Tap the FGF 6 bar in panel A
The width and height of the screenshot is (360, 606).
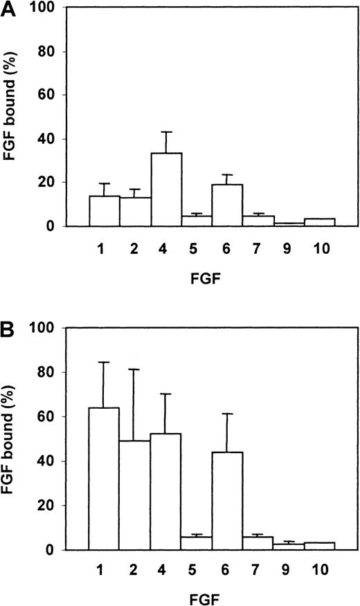[x=227, y=205]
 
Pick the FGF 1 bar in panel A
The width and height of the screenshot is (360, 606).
[x=104, y=211]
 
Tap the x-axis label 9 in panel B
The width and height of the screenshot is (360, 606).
[x=289, y=571]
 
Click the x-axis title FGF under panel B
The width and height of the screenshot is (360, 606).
[x=211, y=597]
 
